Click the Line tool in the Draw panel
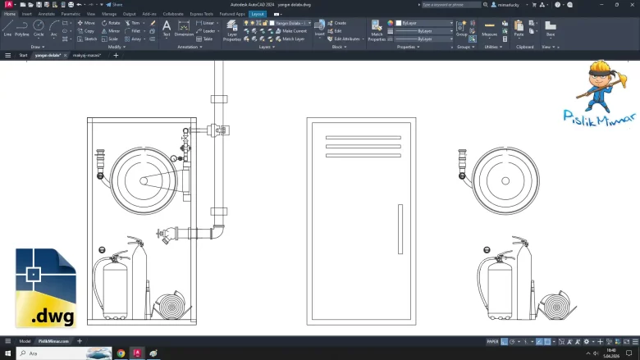[7, 28]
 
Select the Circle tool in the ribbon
[39, 28]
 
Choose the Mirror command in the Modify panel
[111, 30]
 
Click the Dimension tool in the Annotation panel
[184, 29]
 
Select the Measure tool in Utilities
[489, 29]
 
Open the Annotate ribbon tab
[47, 14]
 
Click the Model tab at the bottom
[25, 340]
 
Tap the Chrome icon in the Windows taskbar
[121, 353]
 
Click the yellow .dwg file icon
[45, 288]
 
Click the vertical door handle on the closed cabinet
[400, 231]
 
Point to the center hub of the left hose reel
[143, 180]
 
